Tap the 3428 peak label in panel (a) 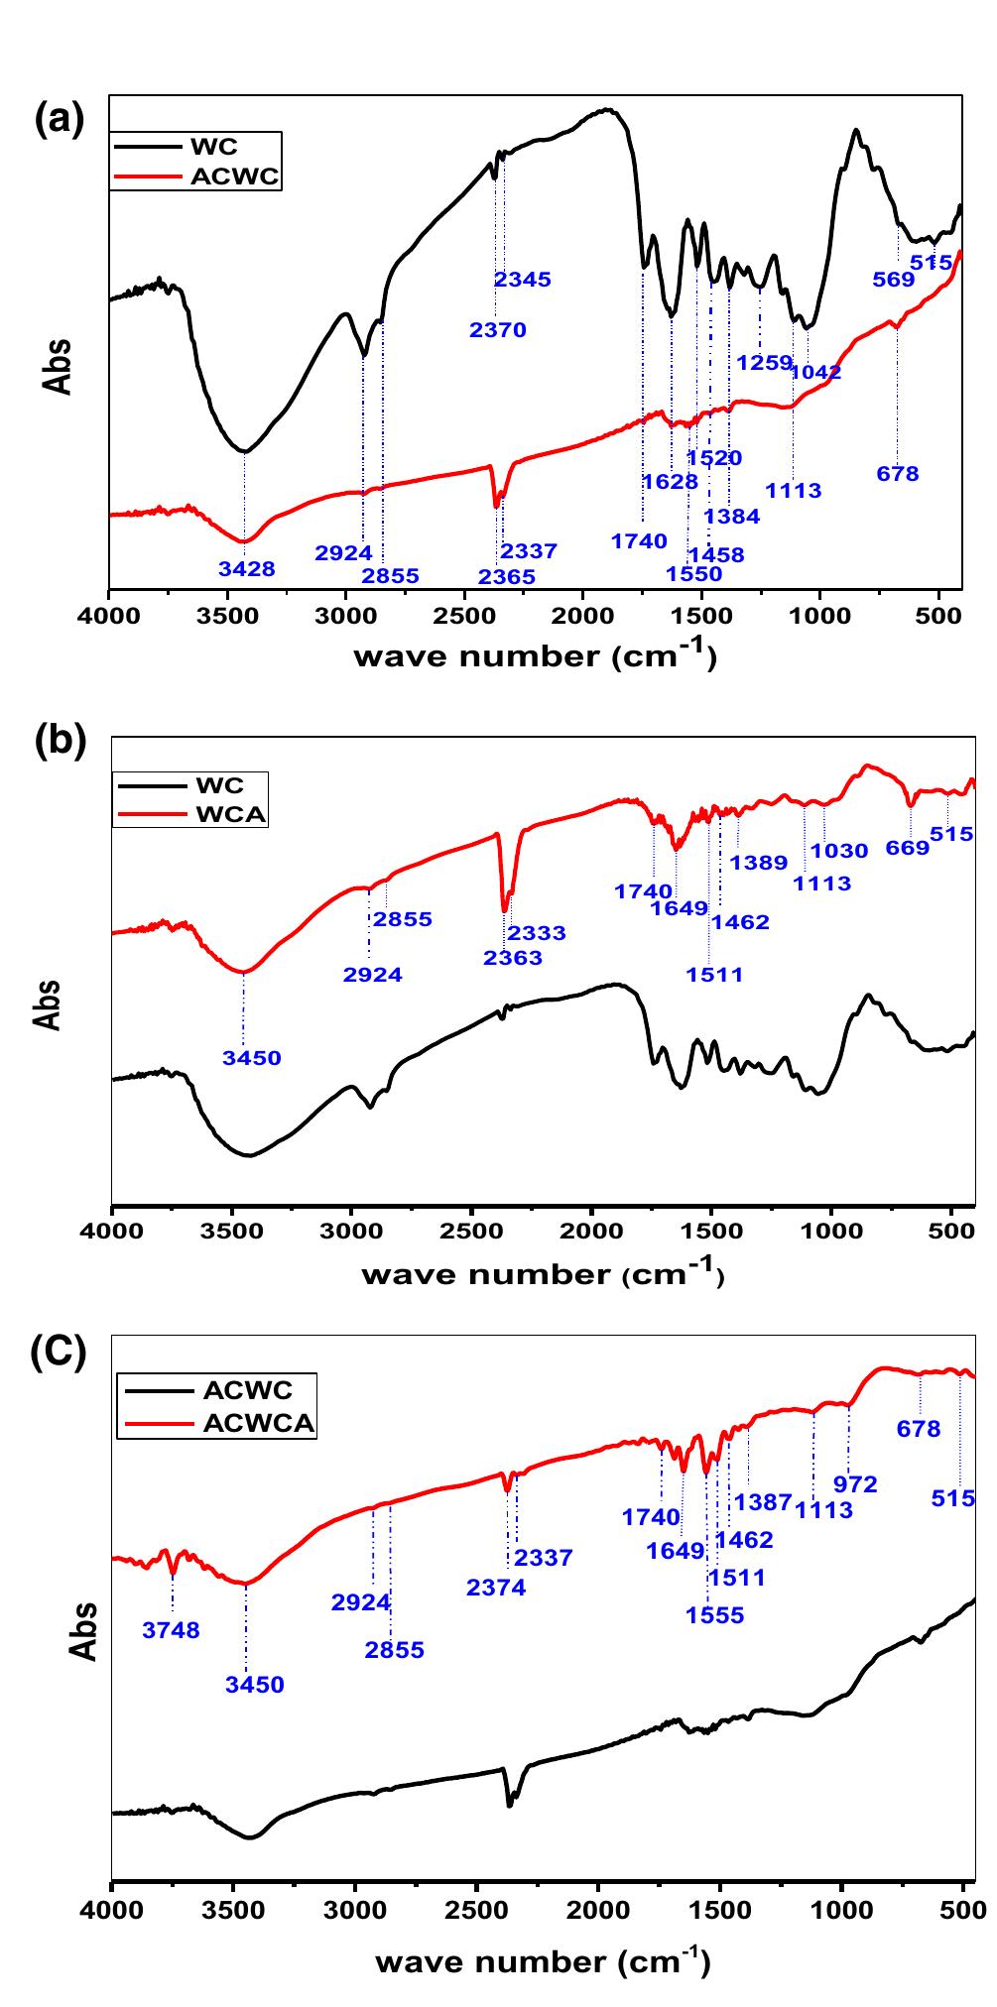246,569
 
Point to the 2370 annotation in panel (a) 498,330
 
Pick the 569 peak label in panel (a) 893,280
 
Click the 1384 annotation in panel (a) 732,516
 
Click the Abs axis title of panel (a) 59,366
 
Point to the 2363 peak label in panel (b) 513,958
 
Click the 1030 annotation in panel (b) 839,850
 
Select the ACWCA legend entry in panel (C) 259,1423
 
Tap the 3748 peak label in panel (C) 171,1629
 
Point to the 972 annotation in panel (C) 856,1484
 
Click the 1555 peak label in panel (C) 714,1614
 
